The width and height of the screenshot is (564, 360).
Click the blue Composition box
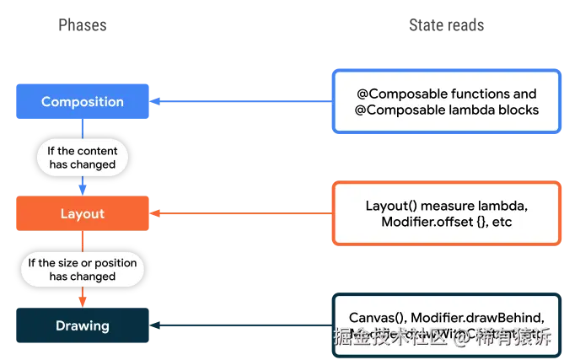click(83, 102)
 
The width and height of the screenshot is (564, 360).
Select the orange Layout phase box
click(83, 214)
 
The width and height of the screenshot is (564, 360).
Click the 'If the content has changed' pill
click(82, 158)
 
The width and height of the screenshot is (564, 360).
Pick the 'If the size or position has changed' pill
click(82, 270)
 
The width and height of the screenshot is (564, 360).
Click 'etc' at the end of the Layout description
click(501, 222)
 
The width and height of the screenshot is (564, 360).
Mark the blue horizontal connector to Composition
click(241, 102)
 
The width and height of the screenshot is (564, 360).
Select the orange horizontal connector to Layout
click(241, 214)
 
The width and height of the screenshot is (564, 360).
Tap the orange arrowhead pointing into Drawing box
click(82, 301)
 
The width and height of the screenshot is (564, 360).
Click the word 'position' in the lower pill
click(114, 263)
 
